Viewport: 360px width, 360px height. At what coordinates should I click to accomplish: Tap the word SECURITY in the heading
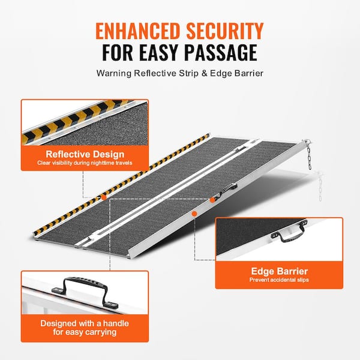pos(225,31)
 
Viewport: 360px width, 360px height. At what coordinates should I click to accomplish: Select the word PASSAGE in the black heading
pos(221,52)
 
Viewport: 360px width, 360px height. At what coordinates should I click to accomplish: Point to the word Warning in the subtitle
pos(114,73)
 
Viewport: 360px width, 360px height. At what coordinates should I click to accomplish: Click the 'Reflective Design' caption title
pos(85,154)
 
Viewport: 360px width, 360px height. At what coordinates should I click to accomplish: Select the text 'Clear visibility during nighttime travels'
pos(85,163)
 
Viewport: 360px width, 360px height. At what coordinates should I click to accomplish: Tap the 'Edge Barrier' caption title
pos(280,271)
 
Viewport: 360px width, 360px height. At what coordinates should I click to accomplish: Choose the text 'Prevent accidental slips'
pos(279,280)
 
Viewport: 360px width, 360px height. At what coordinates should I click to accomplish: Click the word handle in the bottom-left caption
pos(116,323)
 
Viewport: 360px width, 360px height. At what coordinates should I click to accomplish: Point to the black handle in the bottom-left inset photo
pos(85,292)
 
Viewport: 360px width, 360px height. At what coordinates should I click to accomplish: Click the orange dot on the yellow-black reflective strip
pos(104,197)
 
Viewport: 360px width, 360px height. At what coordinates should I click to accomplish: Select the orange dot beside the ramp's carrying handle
pos(212,200)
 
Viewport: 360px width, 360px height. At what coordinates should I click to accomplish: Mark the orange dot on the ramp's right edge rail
pos(194,214)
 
